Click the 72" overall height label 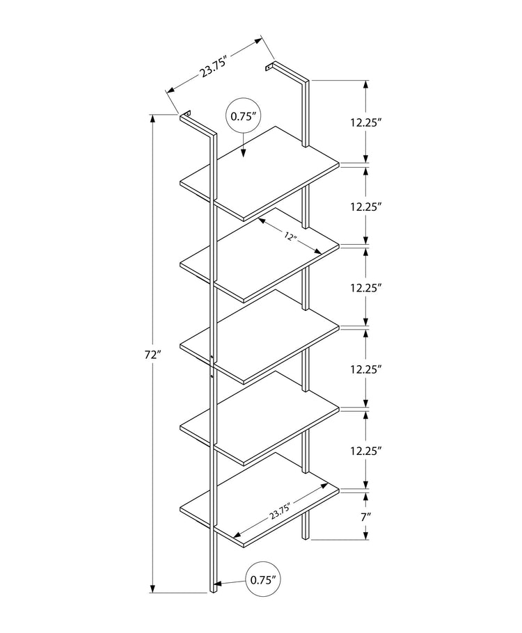pos(154,355)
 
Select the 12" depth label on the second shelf pos(290,238)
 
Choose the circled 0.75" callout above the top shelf pos(244,117)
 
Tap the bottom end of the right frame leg pos(304,537)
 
